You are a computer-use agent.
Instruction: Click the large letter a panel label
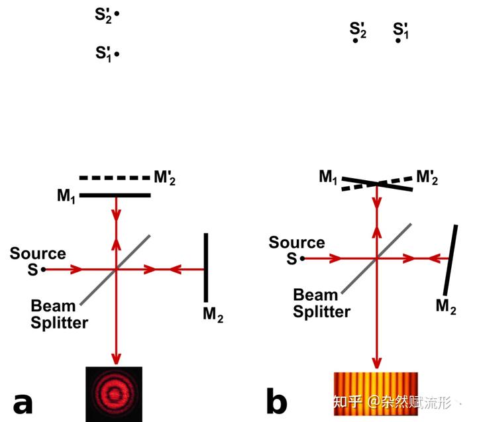[23, 402]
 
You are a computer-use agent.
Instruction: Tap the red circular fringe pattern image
[114, 394]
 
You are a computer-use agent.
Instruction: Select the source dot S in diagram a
[43, 269]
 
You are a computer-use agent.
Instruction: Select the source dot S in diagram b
[301, 258]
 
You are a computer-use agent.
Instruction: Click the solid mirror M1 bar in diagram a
[115, 195]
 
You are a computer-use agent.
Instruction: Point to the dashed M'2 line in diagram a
[115, 178]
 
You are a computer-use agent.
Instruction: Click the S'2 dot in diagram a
[117, 14]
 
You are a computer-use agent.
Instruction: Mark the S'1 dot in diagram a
[117, 54]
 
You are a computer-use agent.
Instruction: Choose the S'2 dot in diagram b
[356, 40]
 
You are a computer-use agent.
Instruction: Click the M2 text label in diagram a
[213, 316]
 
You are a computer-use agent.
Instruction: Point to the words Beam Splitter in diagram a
[59, 314]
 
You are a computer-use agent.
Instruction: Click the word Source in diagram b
[297, 243]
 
